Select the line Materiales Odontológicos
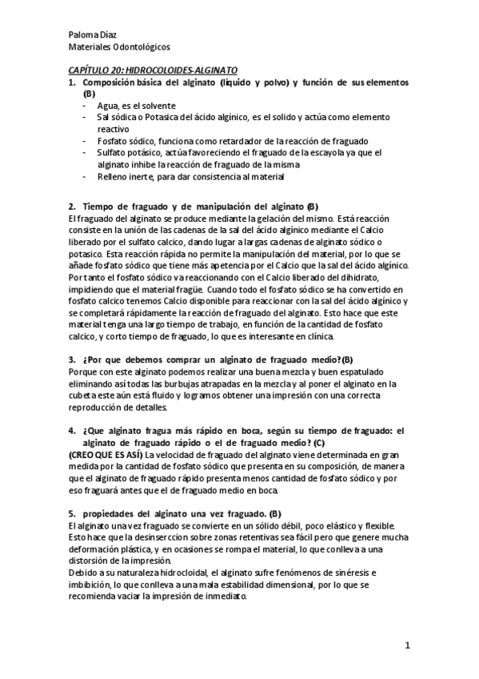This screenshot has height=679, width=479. click(118, 48)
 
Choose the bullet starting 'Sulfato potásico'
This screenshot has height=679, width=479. click(228, 151)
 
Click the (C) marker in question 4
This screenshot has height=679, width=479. click(319, 443)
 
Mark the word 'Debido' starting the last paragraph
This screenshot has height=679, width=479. click(82, 573)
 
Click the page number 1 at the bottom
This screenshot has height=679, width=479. click(407, 645)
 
